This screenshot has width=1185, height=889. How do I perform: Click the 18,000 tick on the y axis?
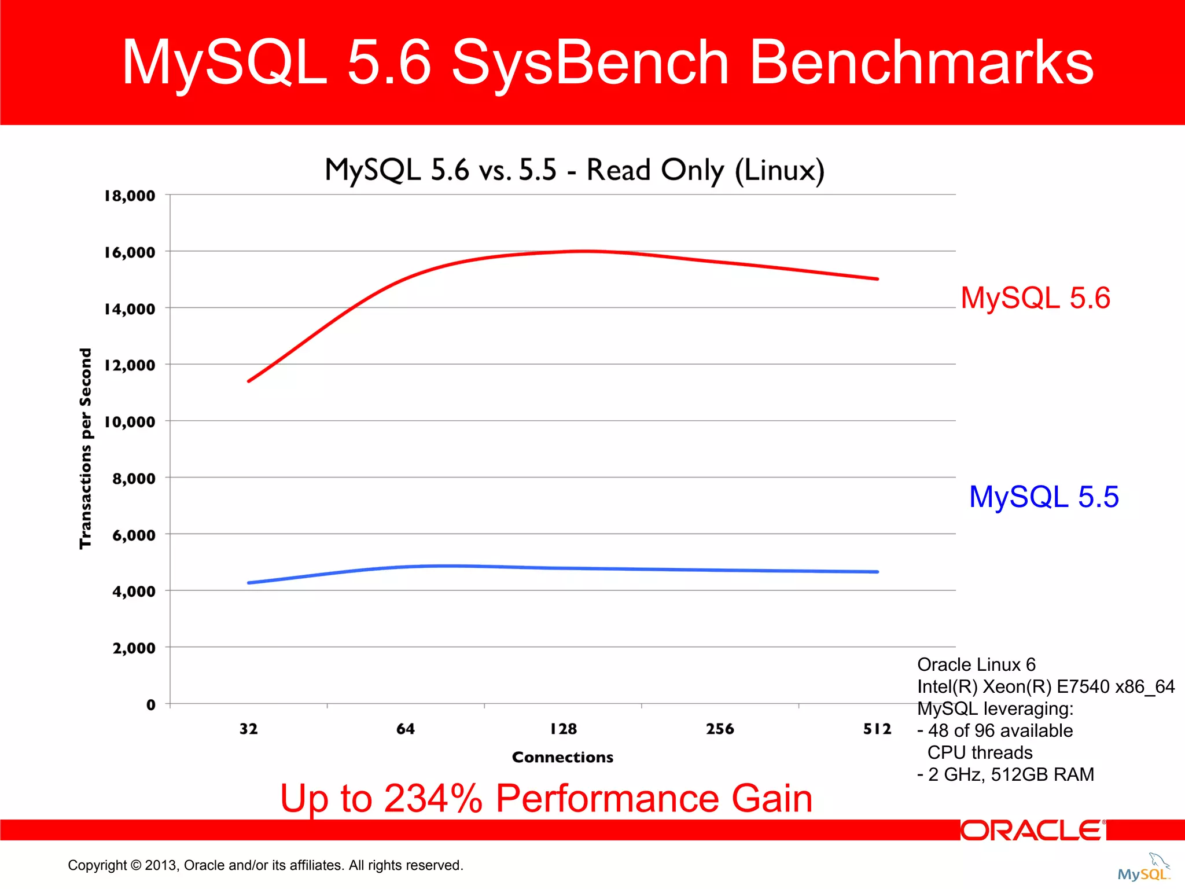click(130, 196)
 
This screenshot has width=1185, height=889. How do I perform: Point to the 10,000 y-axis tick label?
click(130, 422)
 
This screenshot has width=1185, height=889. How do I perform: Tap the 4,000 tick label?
click(134, 592)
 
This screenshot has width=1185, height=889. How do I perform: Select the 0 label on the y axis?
click(150, 705)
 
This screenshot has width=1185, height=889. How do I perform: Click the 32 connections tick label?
click(248, 729)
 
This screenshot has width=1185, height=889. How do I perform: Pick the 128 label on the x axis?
click(563, 729)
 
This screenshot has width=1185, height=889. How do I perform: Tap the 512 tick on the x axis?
click(877, 729)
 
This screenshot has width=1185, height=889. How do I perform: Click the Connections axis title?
click(562, 757)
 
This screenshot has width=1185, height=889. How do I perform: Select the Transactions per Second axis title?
click(86, 449)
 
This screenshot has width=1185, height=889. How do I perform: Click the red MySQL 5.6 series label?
click(1035, 298)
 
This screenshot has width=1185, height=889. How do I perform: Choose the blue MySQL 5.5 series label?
click(1044, 497)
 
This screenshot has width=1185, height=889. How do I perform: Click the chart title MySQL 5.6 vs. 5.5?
click(574, 170)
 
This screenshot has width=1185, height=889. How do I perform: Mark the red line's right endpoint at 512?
click(877, 279)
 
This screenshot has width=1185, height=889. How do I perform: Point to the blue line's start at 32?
click(249, 583)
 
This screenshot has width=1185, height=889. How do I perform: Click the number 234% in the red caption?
click(433, 799)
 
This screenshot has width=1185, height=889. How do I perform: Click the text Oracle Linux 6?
click(976, 664)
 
